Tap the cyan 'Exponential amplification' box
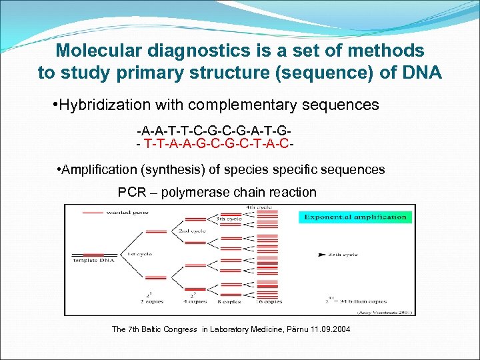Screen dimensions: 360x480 coord(355,217)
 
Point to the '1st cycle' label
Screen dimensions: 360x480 coord(137,255)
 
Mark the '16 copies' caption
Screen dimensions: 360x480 coord(270,301)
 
